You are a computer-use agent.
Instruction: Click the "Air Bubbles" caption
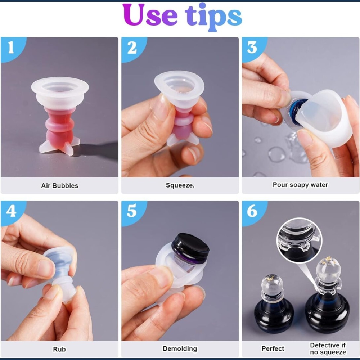[60, 185]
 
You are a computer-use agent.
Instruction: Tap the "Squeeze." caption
[180, 185]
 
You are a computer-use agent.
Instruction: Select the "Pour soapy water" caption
[300, 185]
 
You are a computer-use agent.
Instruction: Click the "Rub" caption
[59, 349]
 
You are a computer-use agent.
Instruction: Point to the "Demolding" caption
[180, 349]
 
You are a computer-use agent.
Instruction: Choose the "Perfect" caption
[273, 349]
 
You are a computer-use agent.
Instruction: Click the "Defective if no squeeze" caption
[328, 349]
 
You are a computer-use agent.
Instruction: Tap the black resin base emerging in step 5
[190, 248]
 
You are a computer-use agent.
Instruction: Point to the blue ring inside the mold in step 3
[296, 108]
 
